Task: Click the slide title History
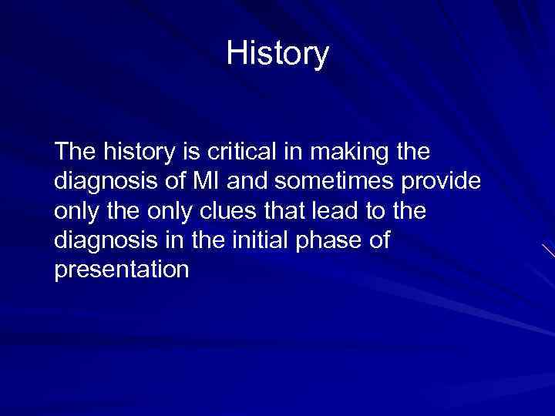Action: tap(277, 54)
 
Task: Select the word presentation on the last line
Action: tap(122, 270)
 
